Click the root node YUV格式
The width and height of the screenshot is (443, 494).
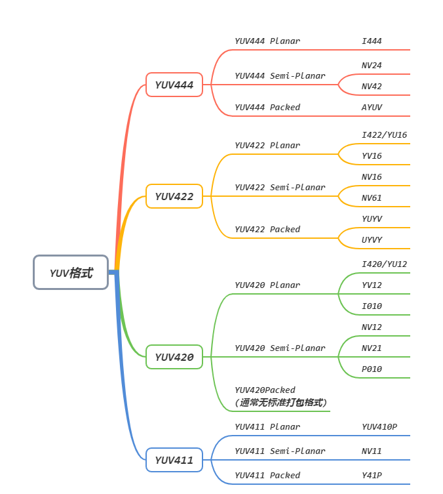click(71, 273)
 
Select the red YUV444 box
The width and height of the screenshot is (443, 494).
click(174, 85)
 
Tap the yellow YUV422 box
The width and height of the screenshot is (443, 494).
click(174, 196)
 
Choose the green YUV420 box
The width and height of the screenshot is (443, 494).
click(174, 357)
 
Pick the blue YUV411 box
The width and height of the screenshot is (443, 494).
click(174, 460)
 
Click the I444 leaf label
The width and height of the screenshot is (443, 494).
click(372, 41)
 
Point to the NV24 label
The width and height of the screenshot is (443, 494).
click(372, 66)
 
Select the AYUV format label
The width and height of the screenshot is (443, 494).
click(372, 108)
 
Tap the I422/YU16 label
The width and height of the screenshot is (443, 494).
click(384, 135)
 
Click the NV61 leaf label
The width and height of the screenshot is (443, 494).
click(372, 198)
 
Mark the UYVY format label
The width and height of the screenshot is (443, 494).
click(372, 240)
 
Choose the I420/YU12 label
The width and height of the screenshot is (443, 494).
click(384, 264)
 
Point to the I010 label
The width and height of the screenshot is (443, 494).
click(372, 306)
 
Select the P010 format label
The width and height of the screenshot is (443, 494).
click(372, 369)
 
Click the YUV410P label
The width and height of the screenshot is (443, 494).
click(379, 427)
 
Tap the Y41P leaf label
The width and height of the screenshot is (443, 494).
click(372, 476)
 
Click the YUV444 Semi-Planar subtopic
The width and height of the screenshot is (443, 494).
click(280, 76)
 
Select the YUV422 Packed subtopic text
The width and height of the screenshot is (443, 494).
click(267, 230)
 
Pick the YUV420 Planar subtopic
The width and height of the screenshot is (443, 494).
click(267, 285)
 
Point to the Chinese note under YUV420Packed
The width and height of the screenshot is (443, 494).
click(280, 402)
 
